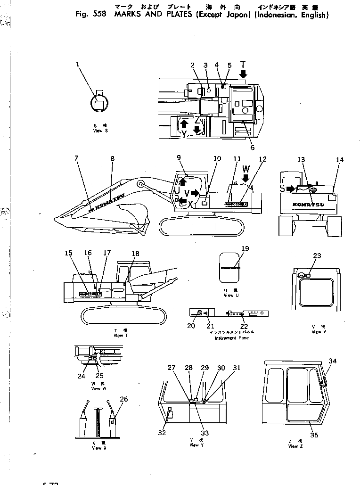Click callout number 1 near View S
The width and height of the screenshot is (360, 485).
point(78,65)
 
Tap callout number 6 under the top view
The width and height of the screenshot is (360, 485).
point(253,148)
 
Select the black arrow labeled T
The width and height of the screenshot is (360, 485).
point(243,74)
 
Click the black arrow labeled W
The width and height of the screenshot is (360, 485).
point(245,178)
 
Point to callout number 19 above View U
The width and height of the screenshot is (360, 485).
point(245,248)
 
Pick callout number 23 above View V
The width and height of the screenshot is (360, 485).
point(317,256)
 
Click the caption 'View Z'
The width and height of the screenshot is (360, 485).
point(293,446)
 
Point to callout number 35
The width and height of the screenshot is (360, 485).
point(314,435)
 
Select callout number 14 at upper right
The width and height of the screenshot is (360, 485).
point(340,160)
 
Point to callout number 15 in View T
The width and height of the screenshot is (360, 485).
point(69,253)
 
